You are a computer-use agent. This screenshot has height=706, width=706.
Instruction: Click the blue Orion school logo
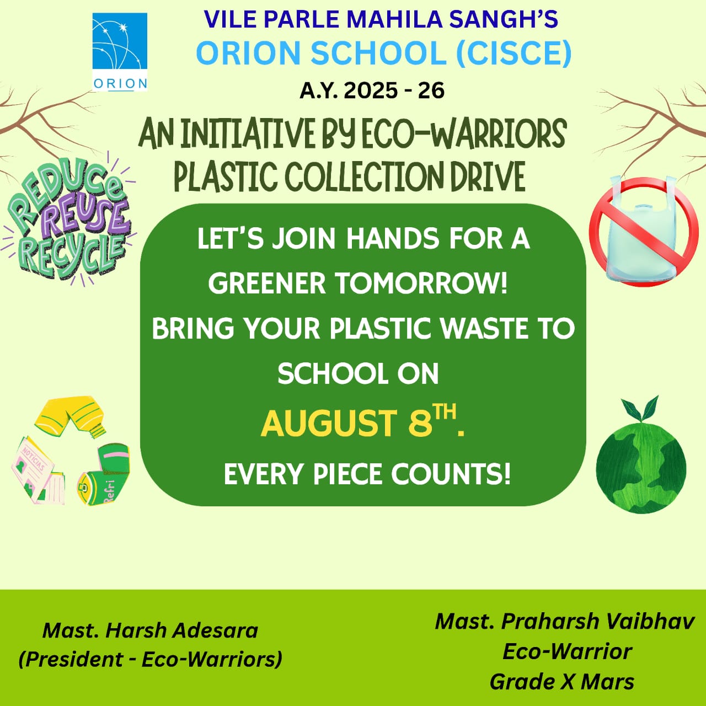120,52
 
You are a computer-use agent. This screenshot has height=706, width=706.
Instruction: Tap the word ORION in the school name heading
248,53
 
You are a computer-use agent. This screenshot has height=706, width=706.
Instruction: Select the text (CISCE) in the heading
514,54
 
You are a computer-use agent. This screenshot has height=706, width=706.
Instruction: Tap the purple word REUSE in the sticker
85,216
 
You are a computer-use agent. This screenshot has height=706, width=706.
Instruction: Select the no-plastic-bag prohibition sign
644,232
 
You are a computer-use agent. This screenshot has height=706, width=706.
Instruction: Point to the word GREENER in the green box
267,283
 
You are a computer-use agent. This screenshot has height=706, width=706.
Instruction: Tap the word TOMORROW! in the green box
422,283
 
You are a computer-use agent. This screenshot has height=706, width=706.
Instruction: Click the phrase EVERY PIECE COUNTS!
367,474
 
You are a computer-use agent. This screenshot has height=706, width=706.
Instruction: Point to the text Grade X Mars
562,682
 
